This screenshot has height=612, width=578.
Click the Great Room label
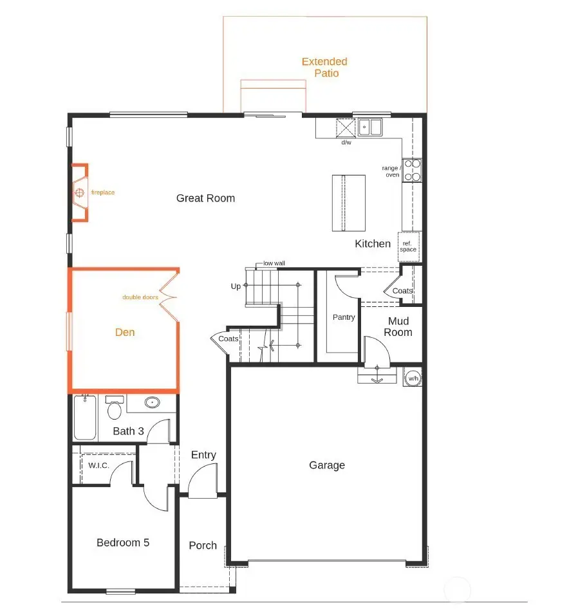(x=205, y=198)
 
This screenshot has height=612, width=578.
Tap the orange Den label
(x=125, y=332)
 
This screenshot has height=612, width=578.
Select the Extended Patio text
(x=325, y=68)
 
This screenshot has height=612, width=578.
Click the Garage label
(x=327, y=465)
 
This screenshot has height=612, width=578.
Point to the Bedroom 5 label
(x=123, y=542)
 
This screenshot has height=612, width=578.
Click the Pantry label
(x=344, y=317)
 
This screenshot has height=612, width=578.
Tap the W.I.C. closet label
(x=98, y=465)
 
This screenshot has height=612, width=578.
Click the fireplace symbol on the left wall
(x=79, y=192)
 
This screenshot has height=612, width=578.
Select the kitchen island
(x=348, y=203)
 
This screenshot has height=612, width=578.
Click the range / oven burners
(x=412, y=170)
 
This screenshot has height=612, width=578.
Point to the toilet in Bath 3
(x=115, y=409)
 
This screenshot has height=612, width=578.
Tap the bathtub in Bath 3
(x=84, y=418)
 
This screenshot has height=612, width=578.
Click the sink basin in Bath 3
(x=152, y=403)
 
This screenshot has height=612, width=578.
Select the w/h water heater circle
(x=413, y=378)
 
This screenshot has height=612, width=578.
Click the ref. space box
(x=409, y=247)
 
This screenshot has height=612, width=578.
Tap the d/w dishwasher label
(x=346, y=142)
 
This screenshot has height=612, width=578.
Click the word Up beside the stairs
(x=236, y=286)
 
